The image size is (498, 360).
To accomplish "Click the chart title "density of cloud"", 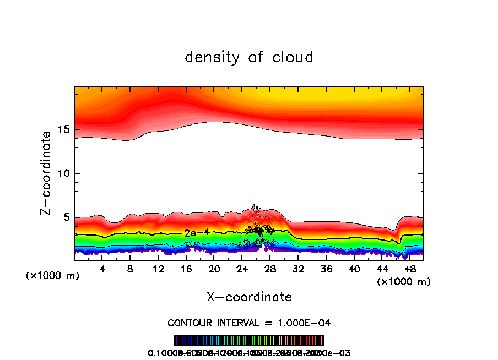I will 249,57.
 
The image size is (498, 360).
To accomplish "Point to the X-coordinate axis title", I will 249,297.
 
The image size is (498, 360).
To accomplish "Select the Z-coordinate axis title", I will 47,173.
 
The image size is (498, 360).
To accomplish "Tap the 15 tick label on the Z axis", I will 63,129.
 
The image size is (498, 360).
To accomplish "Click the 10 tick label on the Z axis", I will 63,173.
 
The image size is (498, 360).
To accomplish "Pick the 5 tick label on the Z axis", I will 66,217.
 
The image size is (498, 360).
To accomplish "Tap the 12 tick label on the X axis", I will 159,270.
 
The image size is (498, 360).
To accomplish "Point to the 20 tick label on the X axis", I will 214,270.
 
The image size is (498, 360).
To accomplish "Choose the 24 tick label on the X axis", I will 242,270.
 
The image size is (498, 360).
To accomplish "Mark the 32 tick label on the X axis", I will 298,270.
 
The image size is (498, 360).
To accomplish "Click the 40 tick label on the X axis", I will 354,270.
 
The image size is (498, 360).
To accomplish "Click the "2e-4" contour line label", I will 197,233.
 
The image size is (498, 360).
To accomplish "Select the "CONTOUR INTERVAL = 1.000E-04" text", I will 249,323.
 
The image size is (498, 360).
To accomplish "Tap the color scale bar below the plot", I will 249,340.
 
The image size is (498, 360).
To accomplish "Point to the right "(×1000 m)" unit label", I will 404,282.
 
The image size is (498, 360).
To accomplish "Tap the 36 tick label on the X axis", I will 326,270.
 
